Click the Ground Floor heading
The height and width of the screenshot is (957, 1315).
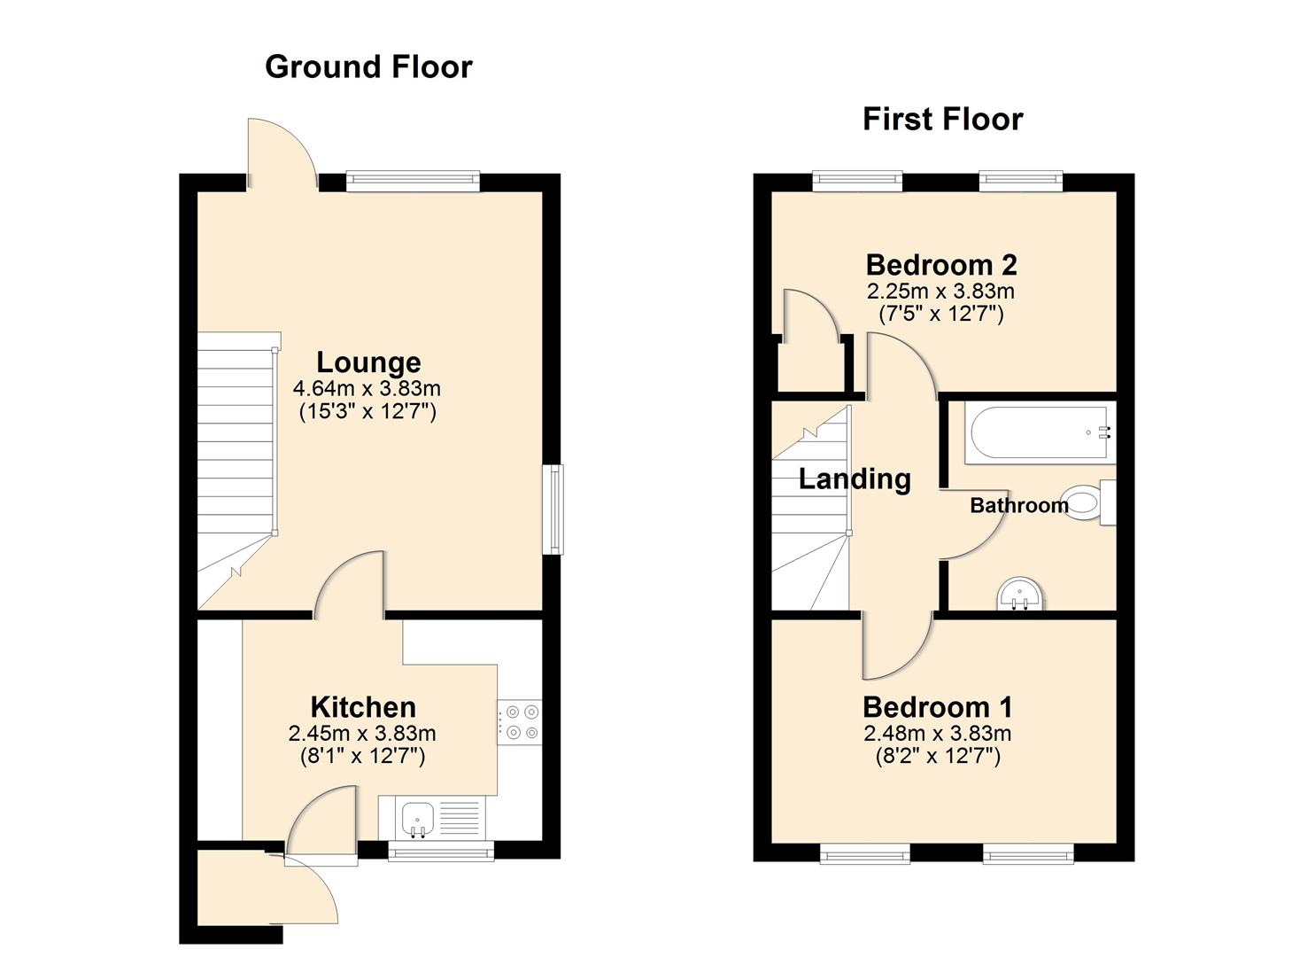[368, 67]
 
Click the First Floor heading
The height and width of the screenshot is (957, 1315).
[942, 119]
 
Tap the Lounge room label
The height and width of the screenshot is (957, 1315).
[368, 362]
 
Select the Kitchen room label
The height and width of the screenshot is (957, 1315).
[363, 707]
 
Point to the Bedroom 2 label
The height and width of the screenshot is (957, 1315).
[940, 265]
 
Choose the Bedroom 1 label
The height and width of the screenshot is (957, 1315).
[937, 707]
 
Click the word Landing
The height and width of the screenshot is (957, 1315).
[855, 479]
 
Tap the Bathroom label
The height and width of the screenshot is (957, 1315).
[1018, 505]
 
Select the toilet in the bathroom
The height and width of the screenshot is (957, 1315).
[1089, 502]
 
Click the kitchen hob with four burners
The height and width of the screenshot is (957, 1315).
[520, 721]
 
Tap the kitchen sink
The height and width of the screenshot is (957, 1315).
[415, 818]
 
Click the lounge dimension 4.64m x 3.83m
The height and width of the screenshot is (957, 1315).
[367, 388]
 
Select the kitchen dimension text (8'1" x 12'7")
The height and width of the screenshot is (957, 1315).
[363, 756]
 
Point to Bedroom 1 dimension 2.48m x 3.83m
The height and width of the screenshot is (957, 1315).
[937, 734]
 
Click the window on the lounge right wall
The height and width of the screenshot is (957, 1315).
[553, 510]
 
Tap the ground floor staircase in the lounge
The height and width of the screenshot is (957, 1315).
[235, 443]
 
